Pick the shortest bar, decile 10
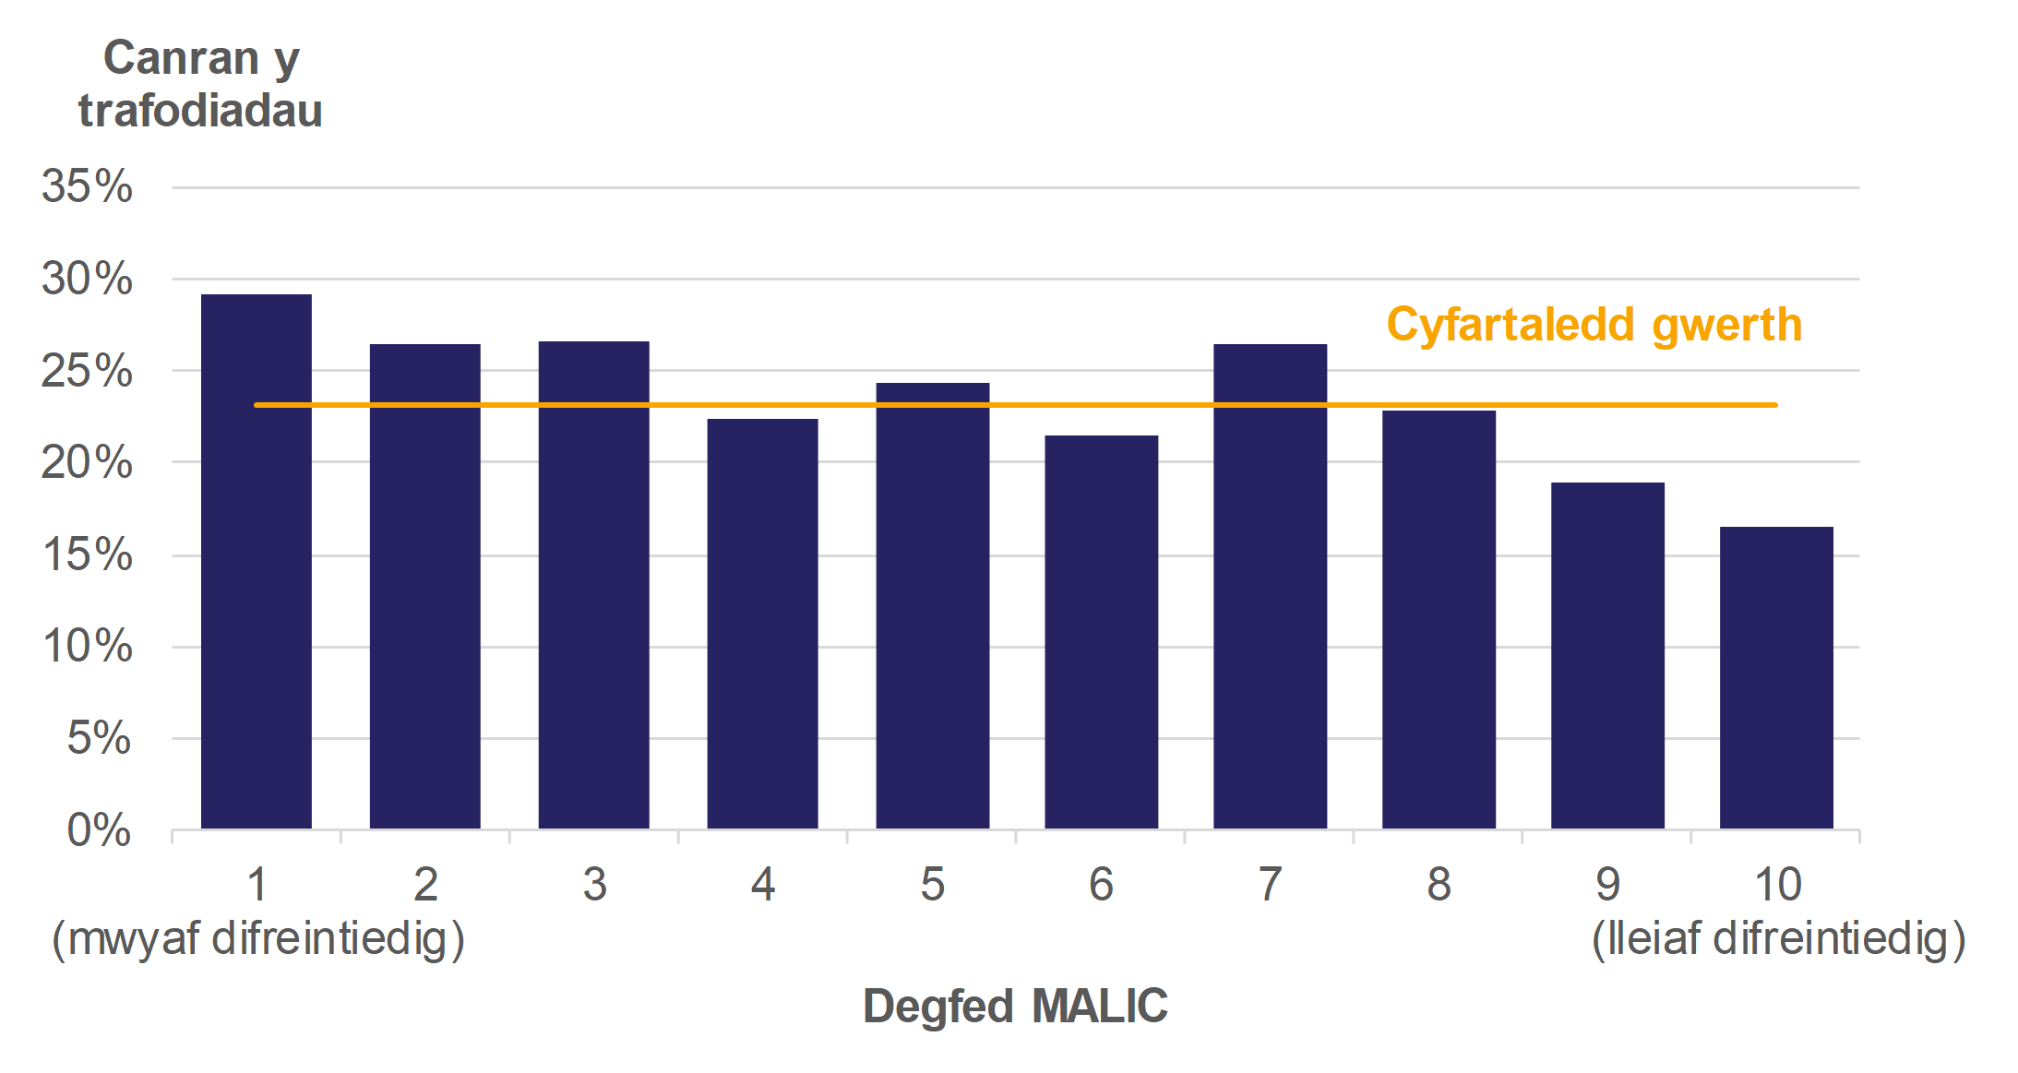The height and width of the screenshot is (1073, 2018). click(1776, 677)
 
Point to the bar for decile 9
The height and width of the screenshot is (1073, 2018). click(1607, 655)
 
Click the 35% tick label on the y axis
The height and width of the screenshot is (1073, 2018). click(87, 186)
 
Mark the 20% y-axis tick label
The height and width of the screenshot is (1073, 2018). click(87, 462)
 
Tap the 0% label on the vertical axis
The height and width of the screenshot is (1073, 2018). click(99, 830)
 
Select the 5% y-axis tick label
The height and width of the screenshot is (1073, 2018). click(99, 738)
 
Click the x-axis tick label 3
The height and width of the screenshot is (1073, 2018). click(594, 885)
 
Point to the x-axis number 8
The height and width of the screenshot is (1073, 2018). click(1439, 885)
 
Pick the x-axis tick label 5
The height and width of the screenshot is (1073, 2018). click(932, 885)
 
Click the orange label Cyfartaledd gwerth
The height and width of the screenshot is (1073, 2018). click(1594, 325)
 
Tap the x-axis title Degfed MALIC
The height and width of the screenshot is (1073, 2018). click(1015, 1006)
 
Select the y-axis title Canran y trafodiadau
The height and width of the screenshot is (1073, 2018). click(200, 84)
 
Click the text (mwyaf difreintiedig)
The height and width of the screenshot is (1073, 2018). click(258, 939)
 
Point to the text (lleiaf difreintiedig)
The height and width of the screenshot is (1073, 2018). click(1778, 939)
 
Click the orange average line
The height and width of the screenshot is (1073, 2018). click(1015, 405)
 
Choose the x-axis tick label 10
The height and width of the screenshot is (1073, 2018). click(1777, 885)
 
